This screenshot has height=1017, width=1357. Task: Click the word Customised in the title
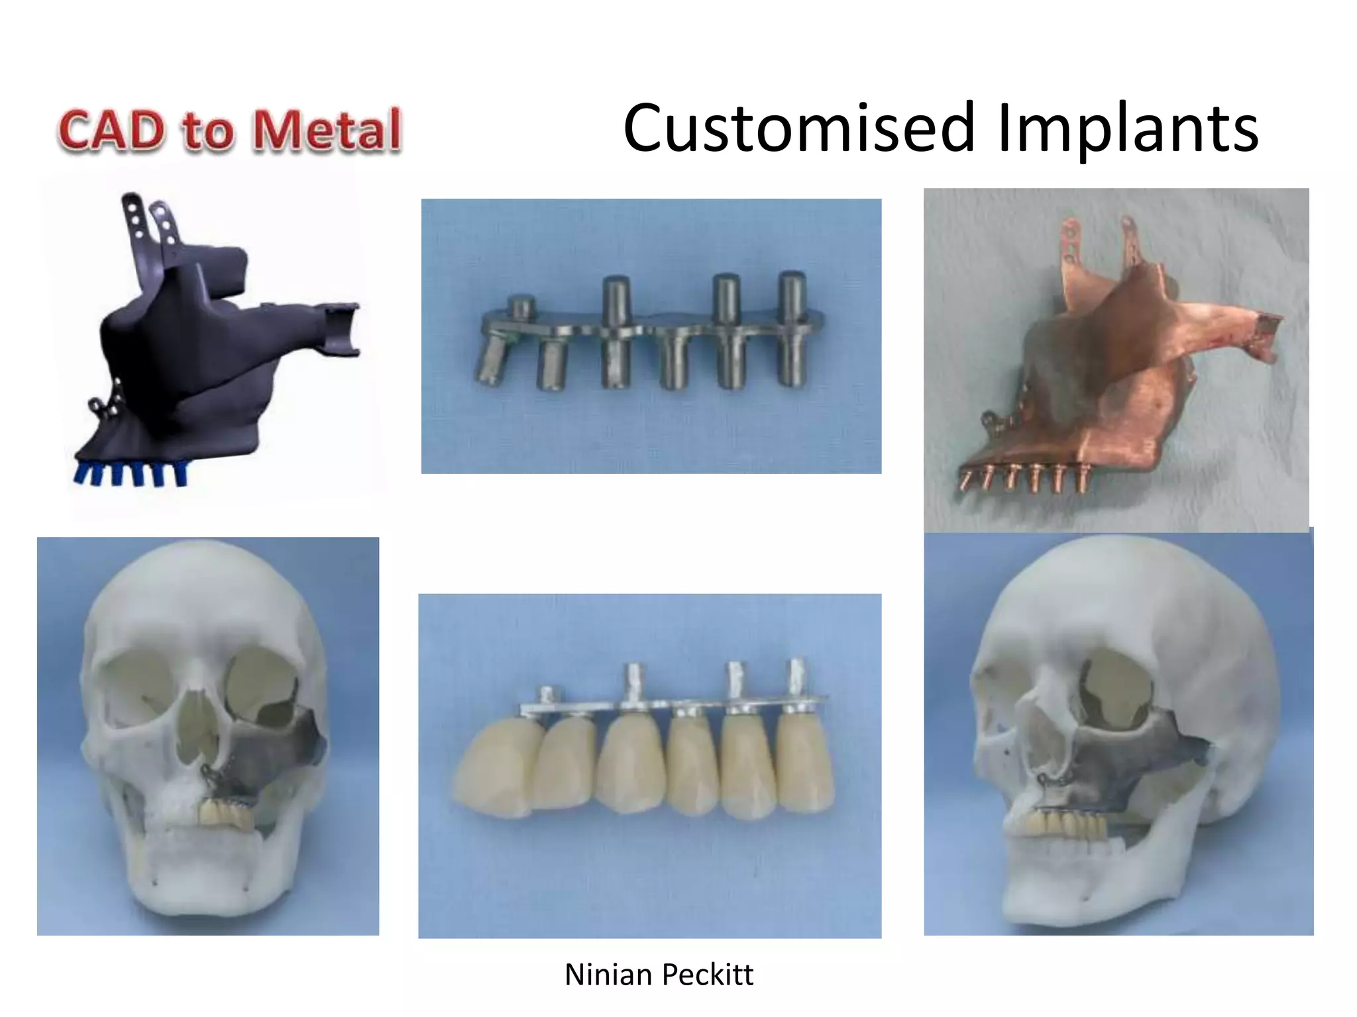click(x=799, y=128)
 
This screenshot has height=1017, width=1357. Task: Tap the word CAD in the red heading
click(x=111, y=130)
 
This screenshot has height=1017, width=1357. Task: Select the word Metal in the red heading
click(x=327, y=130)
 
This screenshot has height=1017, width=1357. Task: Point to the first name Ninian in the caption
click(x=608, y=975)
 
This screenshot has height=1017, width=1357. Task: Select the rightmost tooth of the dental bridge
click(x=803, y=761)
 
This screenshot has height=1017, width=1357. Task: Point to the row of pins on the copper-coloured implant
click(x=1024, y=478)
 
